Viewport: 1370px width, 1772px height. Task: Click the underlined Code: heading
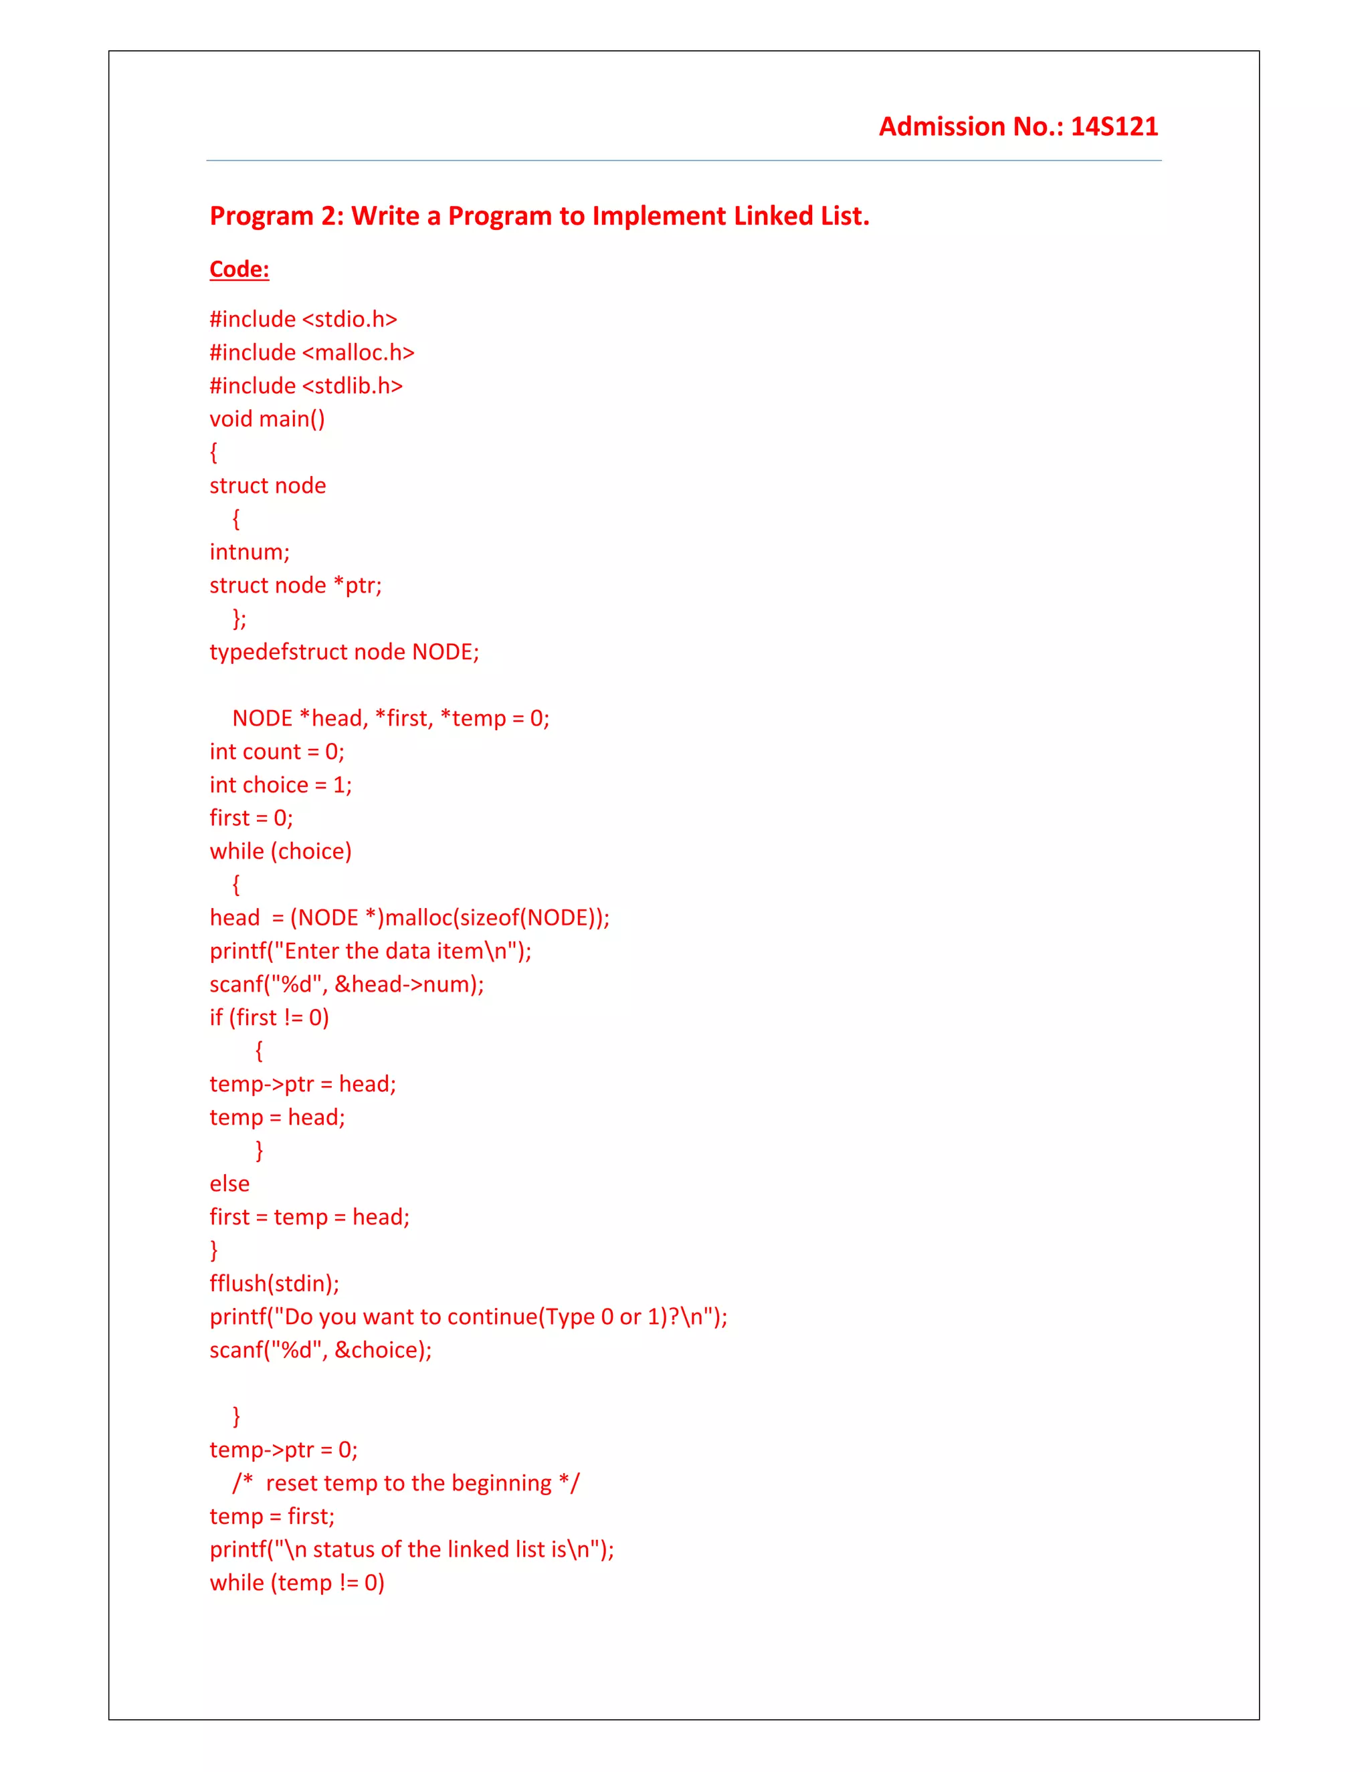[239, 269]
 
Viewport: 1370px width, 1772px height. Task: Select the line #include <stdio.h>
[303, 319]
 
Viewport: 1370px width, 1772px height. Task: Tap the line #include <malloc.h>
[312, 352]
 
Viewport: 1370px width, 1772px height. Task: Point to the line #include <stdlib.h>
[306, 385]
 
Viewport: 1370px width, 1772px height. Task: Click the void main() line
[267, 419]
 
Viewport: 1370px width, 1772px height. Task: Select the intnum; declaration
[249, 552]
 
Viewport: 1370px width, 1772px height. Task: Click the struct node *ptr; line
[296, 585]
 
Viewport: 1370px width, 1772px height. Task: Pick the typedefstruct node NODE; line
[344, 651]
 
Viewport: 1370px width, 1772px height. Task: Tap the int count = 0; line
[277, 752]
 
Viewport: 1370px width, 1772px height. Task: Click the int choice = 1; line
[281, 784]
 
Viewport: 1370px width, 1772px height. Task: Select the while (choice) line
[281, 851]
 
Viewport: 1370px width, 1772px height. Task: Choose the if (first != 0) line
[270, 1018]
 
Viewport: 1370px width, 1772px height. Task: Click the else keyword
[229, 1184]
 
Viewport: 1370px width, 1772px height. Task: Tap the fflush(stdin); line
[274, 1284]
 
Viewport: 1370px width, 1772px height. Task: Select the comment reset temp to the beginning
[407, 1483]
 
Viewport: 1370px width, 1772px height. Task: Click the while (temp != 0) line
[297, 1583]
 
